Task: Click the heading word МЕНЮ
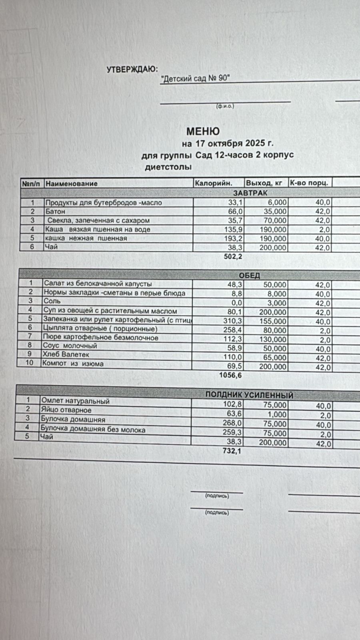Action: [203, 131]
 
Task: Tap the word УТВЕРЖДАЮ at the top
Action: [132, 70]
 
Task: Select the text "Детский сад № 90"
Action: [195, 78]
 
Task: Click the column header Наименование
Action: [71, 184]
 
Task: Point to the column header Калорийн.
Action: [213, 183]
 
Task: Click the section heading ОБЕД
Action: [249, 275]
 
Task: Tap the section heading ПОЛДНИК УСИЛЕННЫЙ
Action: [249, 395]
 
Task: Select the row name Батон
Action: [55, 211]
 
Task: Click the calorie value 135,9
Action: [234, 230]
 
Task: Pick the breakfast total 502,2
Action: [233, 256]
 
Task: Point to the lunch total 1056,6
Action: [230, 375]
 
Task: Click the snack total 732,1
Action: [232, 451]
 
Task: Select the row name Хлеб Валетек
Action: [66, 354]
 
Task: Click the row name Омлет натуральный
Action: [75, 401]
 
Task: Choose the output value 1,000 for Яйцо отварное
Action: [277, 415]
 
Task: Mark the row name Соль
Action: [52, 301]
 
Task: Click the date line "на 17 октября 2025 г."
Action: [228, 143]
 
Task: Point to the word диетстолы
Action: [168, 167]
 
